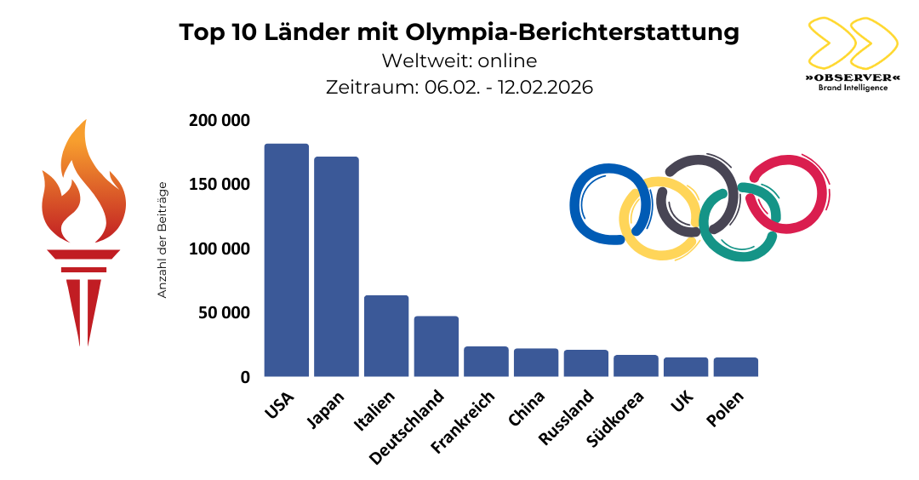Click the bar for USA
pos(286,260)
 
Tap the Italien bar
pos(386,335)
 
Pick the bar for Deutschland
pos(436,346)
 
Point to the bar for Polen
pos(735,367)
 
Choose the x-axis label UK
pos(682,402)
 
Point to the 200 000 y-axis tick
pos(220,121)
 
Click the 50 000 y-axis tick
pos(224,312)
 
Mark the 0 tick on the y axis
pos(244,377)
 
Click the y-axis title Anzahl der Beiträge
pos(163,240)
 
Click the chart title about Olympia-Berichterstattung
pos(459,32)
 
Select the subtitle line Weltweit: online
pos(459,61)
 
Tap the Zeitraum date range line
pos(459,87)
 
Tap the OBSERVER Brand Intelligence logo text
pos(851,81)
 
